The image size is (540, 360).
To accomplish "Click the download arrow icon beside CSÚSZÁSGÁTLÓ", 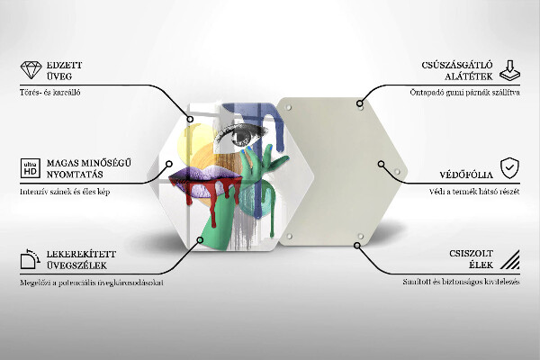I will [509, 70].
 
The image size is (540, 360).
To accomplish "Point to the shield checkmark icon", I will [509, 167].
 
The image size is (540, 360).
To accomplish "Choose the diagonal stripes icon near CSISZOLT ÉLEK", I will [509, 261].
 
